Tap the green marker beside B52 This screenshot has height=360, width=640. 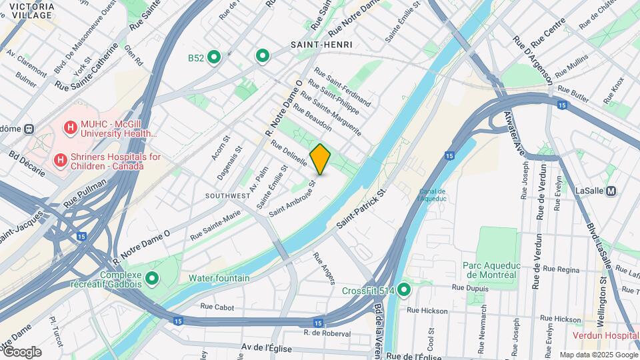[x=214, y=58]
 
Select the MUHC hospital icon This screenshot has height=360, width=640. [x=71, y=127]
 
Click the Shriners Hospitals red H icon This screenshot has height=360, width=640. [x=60, y=160]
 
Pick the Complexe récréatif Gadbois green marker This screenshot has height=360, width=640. [x=153, y=278]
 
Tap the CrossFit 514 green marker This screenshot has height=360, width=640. [x=405, y=291]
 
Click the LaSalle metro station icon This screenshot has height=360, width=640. [x=611, y=191]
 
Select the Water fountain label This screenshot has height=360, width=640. [x=219, y=278]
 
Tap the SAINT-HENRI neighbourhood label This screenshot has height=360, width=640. [x=321, y=45]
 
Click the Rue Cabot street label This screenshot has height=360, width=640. [x=217, y=307]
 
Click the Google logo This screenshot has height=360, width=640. [x=22, y=351]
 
